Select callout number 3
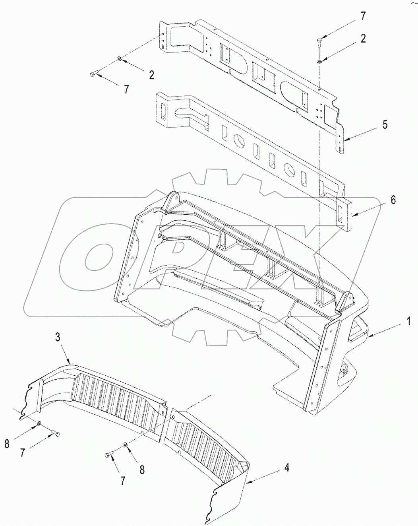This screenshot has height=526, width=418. (x=58, y=338)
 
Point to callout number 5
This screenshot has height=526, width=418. (x=384, y=124)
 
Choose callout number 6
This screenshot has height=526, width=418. (x=393, y=200)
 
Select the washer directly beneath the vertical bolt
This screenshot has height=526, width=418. (x=320, y=61)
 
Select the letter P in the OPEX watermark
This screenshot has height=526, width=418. (x=175, y=254)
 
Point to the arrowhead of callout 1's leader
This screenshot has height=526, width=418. (x=368, y=337)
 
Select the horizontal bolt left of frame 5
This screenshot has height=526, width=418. (x=94, y=74)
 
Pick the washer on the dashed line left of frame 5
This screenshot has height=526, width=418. (x=120, y=60)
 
